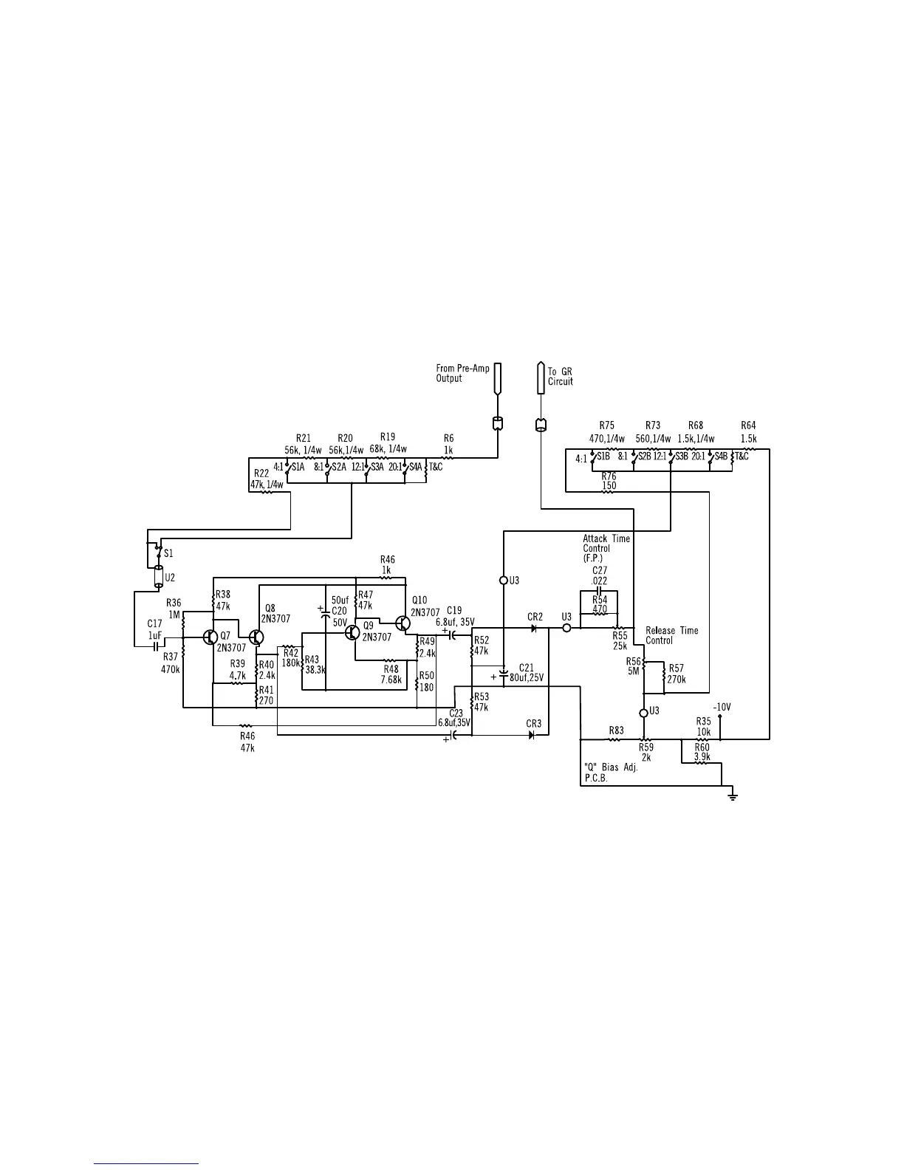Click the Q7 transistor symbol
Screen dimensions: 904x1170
[209, 637]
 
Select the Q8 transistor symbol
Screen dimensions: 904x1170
[256, 637]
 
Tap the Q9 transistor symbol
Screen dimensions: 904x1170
[352, 632]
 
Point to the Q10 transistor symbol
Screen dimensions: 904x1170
[403, 623]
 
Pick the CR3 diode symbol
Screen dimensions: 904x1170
[532, 736]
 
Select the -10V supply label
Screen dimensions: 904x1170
[722, 707]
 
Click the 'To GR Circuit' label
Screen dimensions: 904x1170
[560, 377]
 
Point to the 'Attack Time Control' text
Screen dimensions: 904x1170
[606, 548]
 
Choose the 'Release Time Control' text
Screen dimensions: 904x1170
[671, 635]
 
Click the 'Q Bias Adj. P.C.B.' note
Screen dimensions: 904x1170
[610, 772]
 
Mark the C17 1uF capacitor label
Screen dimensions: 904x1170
[154, 629]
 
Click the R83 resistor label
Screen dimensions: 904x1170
[616, 731]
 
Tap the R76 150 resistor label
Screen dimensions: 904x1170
[609, 482]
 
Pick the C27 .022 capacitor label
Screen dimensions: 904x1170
[599, 575]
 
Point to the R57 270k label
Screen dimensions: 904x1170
[677, 674]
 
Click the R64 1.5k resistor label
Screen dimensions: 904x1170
[748, 431]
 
